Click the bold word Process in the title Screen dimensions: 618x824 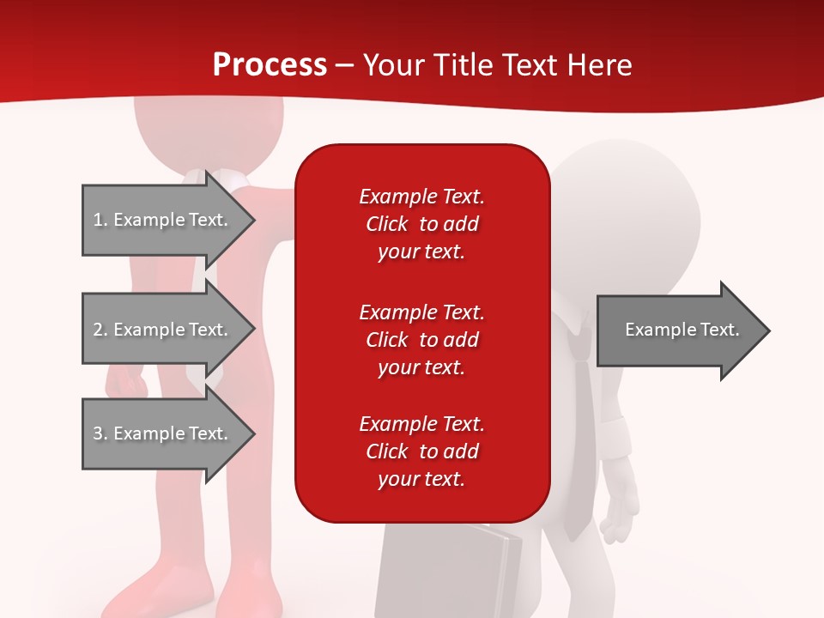270,65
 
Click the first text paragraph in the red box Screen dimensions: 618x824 421,224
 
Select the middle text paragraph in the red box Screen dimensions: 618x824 421,340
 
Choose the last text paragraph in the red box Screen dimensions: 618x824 421,451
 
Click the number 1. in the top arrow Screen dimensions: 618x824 100,220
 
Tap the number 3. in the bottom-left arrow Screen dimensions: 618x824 100,433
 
